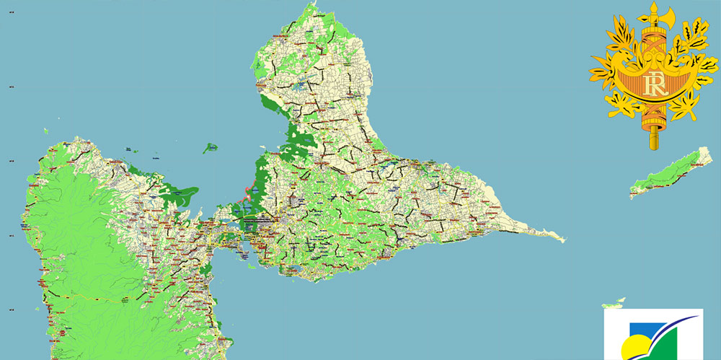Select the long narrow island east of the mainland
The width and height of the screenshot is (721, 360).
[671, 172]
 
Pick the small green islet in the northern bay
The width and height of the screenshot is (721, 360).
[211, 148]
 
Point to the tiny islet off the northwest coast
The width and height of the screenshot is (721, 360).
[45, 131]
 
